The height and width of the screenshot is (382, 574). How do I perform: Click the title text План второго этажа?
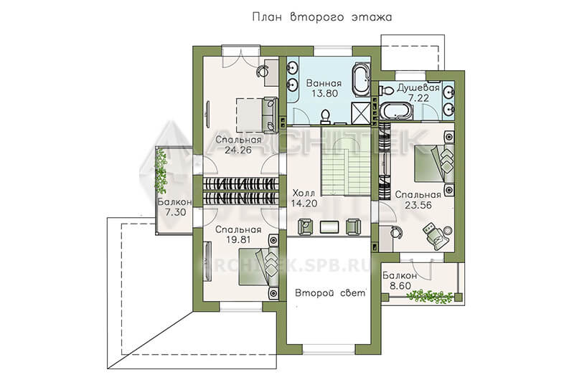tap(321, 17)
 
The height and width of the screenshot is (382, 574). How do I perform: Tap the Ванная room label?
tap(324, 83)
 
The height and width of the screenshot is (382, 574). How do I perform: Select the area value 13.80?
tap(325, 94)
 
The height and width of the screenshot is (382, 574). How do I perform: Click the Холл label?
tap(304, 193)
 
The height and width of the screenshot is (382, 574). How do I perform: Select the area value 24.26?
tap(238, 150)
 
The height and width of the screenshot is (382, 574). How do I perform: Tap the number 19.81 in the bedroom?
tap(238, 240)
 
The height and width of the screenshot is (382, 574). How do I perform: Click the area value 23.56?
tap(418, 206)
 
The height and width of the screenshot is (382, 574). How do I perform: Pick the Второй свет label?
tap(330, 293)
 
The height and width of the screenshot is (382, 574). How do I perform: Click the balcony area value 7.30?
tap(175, 212)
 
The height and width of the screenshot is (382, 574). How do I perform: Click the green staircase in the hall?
tap(346, 161)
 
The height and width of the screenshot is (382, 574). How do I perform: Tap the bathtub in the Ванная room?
tap(361, 80)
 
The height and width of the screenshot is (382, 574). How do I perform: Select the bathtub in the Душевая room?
tap(395, 111)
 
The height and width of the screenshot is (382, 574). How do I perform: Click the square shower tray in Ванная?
tap(361, 113)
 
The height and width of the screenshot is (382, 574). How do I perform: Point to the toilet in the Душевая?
tap(385, 90)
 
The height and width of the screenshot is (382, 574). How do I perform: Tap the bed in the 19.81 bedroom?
tap(258, 267)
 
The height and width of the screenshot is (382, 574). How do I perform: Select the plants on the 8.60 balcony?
tap(429, 296)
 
